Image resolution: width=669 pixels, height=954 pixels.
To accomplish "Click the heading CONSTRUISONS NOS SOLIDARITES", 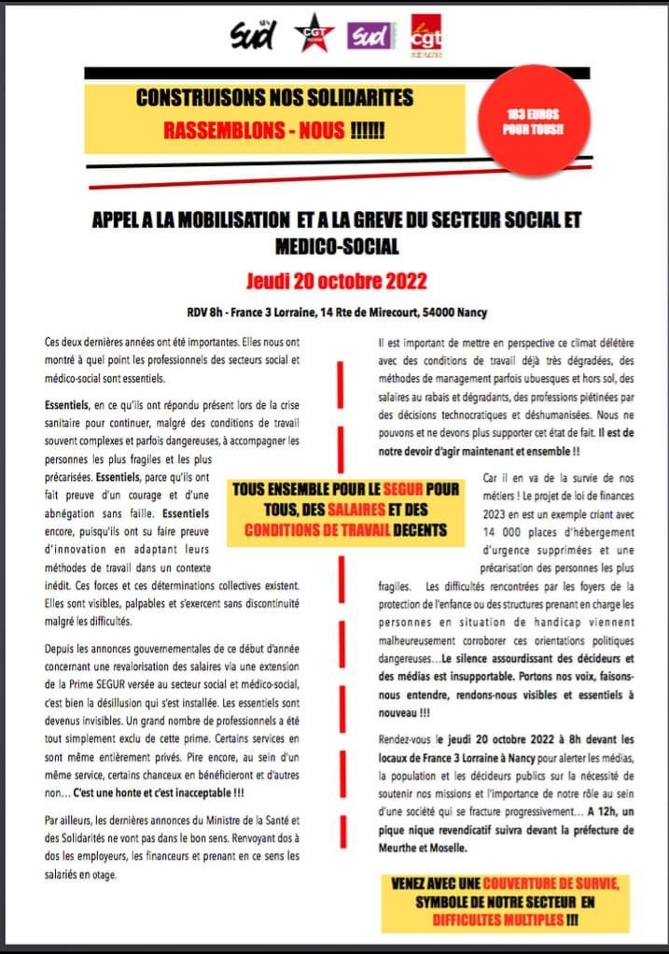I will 273,97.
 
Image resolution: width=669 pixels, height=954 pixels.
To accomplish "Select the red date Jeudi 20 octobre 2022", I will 335,280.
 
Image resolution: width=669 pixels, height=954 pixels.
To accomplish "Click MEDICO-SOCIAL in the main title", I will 337,246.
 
